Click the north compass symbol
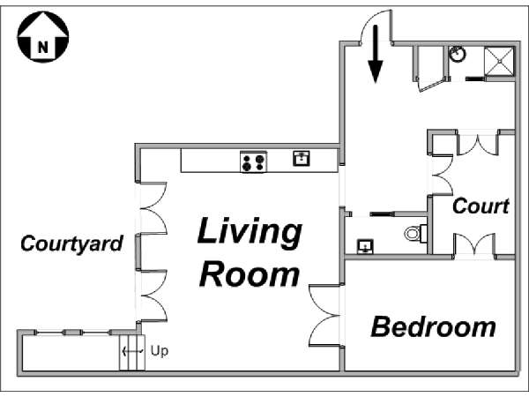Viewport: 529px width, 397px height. (x=43, y=37)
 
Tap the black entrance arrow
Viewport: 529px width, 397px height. (x=376, y=54)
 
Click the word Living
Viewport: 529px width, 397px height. (x=250, y=232)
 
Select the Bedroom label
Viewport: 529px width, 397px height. (x=434, y=326)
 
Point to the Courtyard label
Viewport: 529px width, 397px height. (x=71, y=243)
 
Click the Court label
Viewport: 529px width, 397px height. (x=481, y=206)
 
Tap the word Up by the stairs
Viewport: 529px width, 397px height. (x=160, y=351)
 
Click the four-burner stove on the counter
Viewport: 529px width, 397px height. (x=253, y=162)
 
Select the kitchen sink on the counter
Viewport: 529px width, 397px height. (x=302, y=158)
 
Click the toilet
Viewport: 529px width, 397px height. (x=416, y=233)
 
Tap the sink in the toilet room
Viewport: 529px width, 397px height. (x=365, y=246)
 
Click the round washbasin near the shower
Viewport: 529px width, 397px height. (x=457, y=54)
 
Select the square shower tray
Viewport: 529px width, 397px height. (x=499, y=62)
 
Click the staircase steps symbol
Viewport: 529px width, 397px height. (x=132, y=352)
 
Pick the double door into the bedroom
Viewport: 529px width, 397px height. (x=324, y=316)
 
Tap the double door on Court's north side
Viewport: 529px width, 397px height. (x=477, y=145)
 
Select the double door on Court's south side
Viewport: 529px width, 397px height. (x=474, y=243)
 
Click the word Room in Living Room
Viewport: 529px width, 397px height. (x=250, y=274)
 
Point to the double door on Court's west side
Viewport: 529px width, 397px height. (x=443, y=175)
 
